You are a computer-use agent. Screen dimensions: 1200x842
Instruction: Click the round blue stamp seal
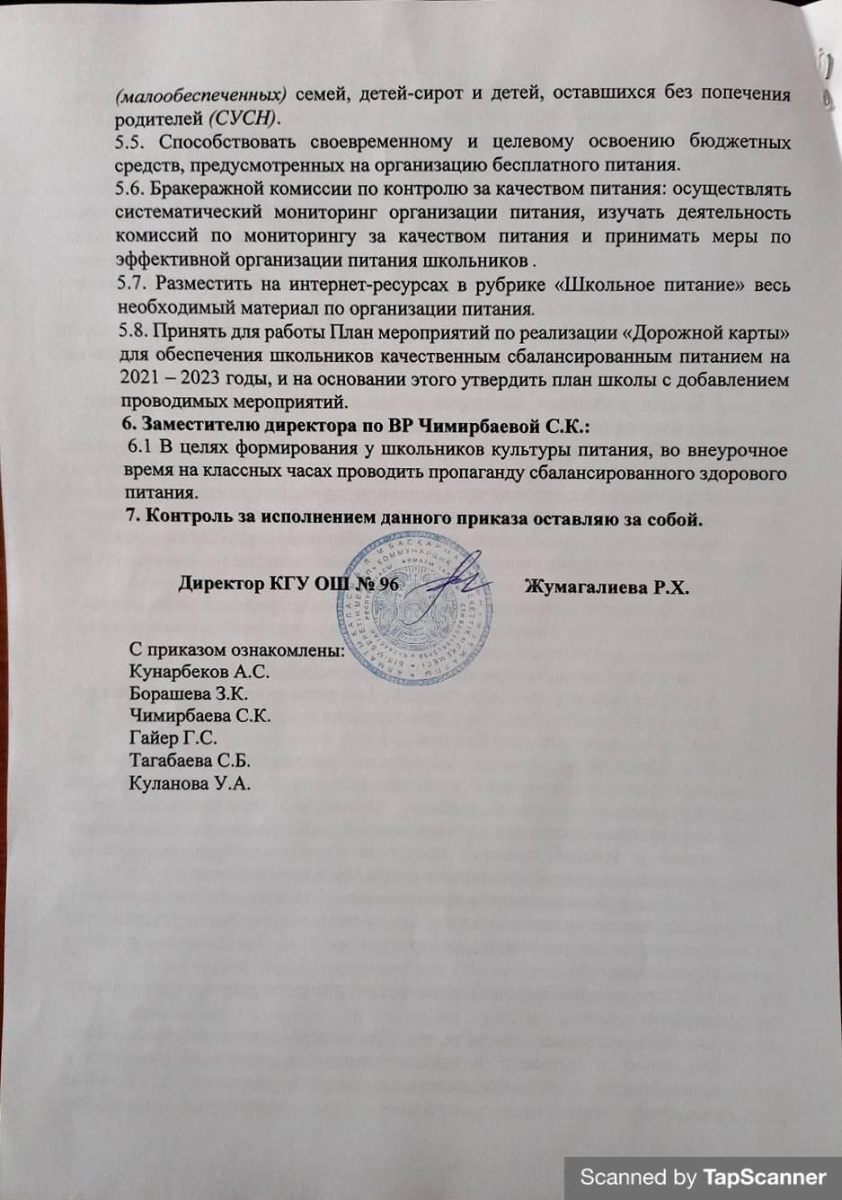click(x=421, y=608)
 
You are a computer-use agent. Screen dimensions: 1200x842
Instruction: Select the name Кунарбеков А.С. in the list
click(x=199, y=672)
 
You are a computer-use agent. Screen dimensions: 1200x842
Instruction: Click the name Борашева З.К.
click(x=189, y=694)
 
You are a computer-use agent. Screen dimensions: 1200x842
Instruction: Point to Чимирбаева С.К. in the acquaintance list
click(x=199, y=717)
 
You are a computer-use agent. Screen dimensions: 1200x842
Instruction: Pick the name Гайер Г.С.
click(x=173, y=738)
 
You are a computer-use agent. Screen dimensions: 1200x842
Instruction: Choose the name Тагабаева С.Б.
click(x=190, y=761)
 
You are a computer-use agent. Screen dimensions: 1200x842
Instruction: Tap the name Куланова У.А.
click(x=190, y=783)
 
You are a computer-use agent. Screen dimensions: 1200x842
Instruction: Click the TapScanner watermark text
click(x=703, y=1177)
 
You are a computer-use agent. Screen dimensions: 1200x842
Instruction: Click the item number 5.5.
click(x=134, y=143)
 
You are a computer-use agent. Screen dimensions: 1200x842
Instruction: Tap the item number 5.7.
click(x=134, y=286)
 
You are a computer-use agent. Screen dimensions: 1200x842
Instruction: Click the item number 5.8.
click(x=133, y=333)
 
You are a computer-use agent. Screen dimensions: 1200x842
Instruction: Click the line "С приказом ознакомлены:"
click(x=238, y=649)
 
